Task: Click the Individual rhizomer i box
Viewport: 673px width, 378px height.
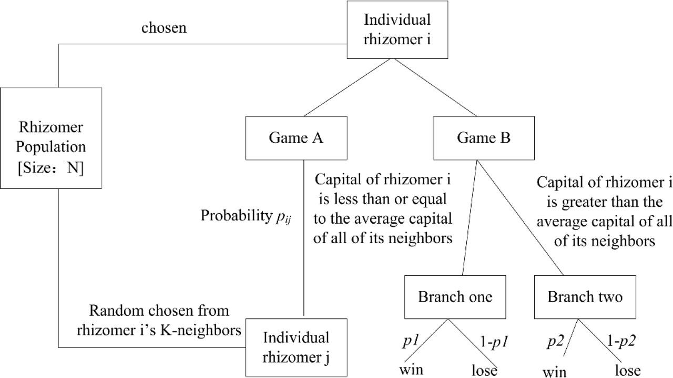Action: pos(397,29)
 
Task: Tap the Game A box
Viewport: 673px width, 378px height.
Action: pos(296,138)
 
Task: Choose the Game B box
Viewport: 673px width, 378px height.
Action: pos(484,138)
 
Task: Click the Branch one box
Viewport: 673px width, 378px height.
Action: pos(455,297)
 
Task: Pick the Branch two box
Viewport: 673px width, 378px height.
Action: pos(585,297)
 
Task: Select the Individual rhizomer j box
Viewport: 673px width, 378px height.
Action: pos(296,347)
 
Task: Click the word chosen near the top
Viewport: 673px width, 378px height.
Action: pos(164,27)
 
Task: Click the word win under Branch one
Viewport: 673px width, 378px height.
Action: pos(411,369)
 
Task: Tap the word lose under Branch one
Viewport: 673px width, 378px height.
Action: pos(484,370)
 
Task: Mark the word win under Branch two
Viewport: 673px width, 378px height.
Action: pos(554,372)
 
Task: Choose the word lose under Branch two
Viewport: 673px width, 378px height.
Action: pos(627,370)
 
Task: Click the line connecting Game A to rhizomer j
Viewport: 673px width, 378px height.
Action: pos(304,237)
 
